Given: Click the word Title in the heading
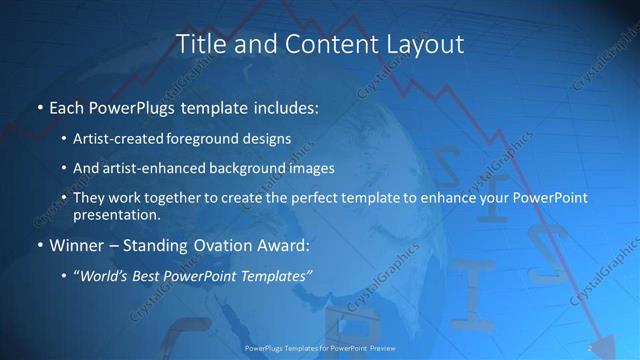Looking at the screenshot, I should click(199, 44).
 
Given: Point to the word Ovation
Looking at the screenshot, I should click(217, 245).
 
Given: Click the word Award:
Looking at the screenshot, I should click(284, 245).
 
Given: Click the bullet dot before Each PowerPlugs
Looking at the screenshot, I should click(39, 105).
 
